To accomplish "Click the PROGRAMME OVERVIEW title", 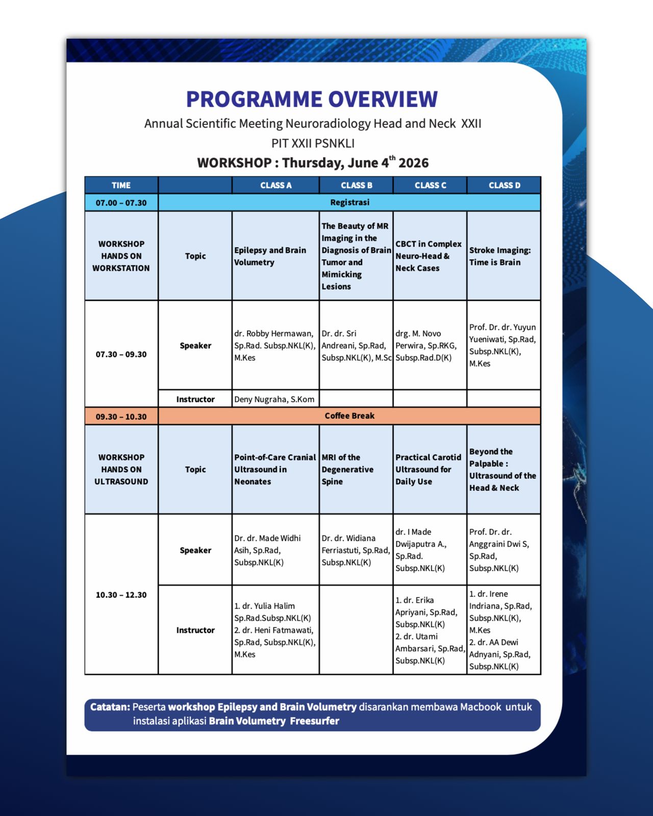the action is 312,99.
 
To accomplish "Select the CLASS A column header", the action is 276,185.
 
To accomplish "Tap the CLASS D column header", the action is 504,185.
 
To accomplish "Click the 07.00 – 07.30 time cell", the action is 121,202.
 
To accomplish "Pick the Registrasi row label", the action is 349,202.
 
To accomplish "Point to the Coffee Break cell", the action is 349,416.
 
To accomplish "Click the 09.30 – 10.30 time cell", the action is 121,416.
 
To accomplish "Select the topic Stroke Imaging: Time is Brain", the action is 504,256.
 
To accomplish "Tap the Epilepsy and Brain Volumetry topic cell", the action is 276,256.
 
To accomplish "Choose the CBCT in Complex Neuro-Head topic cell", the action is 430,256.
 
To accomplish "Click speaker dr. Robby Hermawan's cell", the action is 276,345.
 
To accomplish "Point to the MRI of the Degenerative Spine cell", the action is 356,469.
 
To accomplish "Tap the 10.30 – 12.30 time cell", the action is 121,595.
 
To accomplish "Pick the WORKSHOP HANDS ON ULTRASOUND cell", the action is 121,469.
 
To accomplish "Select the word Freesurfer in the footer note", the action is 315,721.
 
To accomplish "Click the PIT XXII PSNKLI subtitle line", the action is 313,143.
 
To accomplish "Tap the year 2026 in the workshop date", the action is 413,163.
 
